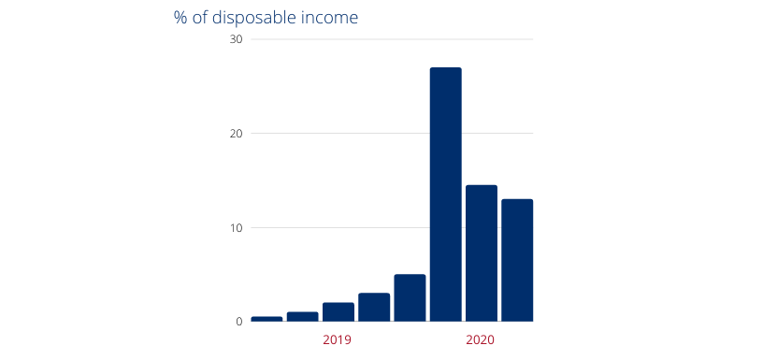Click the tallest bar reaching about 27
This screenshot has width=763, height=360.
click(445, 194)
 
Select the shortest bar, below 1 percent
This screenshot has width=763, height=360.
click(266, 319)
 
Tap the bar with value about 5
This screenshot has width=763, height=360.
click(410, 298)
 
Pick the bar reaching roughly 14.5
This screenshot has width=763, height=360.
click(482, 253)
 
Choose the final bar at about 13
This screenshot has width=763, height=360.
click(517, 260)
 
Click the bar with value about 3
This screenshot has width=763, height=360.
click(374, 308)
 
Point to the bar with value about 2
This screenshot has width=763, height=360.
click(338, 312)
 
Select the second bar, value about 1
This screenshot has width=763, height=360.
click(302, 317)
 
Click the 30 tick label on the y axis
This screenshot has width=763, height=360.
click(236, 39)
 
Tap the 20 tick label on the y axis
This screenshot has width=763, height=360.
click(236, 134)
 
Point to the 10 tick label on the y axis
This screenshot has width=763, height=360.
click(236, 228)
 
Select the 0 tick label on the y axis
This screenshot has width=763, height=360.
click(238, 322)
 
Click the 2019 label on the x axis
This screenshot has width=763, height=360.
click(337, 339)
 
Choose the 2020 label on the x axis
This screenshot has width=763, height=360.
click(480, 339)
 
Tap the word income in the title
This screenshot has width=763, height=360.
click(331, 19)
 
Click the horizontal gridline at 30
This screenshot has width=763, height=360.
click(393, 39)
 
